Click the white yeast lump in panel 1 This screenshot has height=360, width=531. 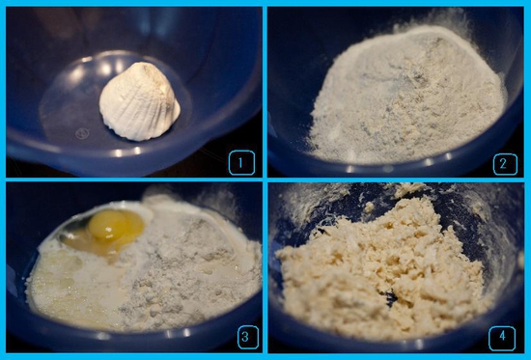tap(139, 101)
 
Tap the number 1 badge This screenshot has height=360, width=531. tap(241, 163)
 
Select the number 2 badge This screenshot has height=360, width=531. tap(505, 164)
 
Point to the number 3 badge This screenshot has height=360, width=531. tap(248, 337)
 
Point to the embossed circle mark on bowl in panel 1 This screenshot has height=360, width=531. tap(82, 133)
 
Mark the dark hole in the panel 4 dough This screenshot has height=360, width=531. tap(389, 298)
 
